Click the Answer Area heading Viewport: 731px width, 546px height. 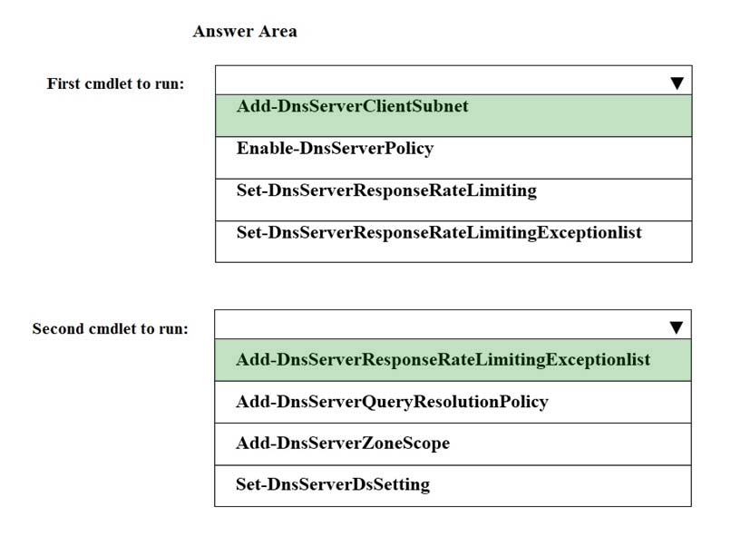245,31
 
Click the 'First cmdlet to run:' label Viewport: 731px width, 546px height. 115,83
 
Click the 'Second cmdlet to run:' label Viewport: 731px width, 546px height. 111,328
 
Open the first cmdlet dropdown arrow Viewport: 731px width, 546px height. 677,83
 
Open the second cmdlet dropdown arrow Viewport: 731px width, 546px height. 676,327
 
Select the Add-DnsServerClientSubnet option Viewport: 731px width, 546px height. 353,106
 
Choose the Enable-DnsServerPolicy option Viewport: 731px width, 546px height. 336,148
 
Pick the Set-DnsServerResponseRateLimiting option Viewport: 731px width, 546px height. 386,190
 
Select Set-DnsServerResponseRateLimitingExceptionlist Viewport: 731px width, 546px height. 439,233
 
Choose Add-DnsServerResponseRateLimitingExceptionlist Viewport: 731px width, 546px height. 443,359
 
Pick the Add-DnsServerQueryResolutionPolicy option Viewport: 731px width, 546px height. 392,402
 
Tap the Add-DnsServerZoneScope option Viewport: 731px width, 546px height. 343,443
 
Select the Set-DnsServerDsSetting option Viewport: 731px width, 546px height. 333,484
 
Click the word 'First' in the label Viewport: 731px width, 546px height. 63,83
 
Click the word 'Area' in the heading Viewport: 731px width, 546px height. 278,31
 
